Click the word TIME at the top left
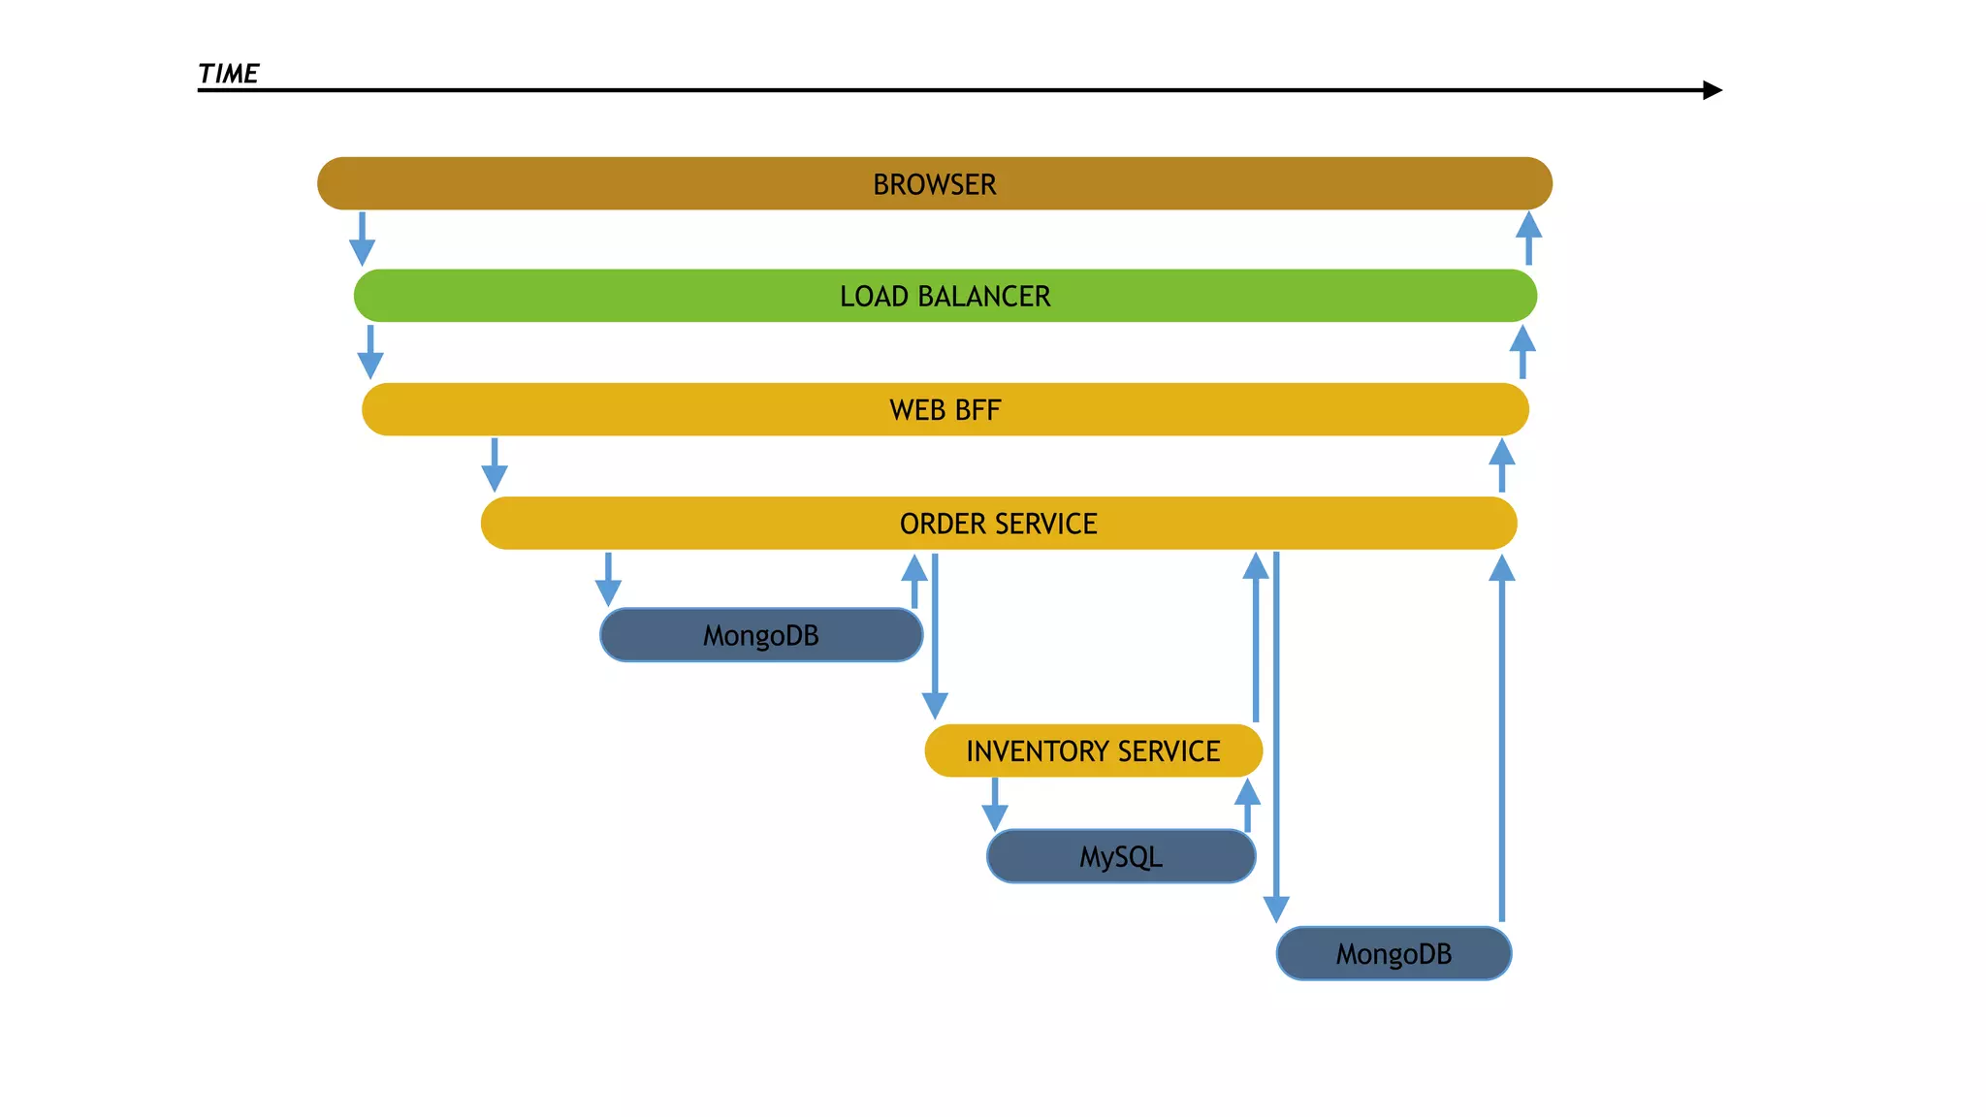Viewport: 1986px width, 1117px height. (x=228, y=74)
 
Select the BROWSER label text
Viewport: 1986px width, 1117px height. (x=934, y=184)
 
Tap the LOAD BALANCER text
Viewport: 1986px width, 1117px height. (x=945, y=296)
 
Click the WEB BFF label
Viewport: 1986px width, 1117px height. (x=945, y=410)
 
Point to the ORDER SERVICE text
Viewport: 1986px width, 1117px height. (x=998, y=524)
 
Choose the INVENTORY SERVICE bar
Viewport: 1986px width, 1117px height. (x=1093, y=750)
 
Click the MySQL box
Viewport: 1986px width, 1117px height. (x=1120, y=856)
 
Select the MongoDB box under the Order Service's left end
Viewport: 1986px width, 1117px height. (x=760, y=635)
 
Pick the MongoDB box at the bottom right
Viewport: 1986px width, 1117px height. (x=1393, y=953)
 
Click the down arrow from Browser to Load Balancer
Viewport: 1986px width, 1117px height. (x=362, y=239)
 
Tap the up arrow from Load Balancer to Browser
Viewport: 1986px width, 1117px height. (x=1528, y=238)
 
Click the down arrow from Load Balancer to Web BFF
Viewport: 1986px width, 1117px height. (x=370, y=352)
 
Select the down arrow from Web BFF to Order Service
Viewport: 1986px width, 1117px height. (x=495, y=465)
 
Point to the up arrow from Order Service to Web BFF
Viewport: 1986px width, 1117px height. (x=1501, y=465)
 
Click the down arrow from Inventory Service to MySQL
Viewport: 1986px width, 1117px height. (x=995, y=805)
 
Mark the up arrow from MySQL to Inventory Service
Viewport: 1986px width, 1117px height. (x=1247, y=805)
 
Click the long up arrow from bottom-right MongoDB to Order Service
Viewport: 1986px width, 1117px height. (x=1501, y=737)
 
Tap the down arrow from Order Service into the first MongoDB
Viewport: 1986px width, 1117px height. (x=608, y=580)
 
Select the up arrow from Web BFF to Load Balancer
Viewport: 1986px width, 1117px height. (x=1522, y=352)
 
